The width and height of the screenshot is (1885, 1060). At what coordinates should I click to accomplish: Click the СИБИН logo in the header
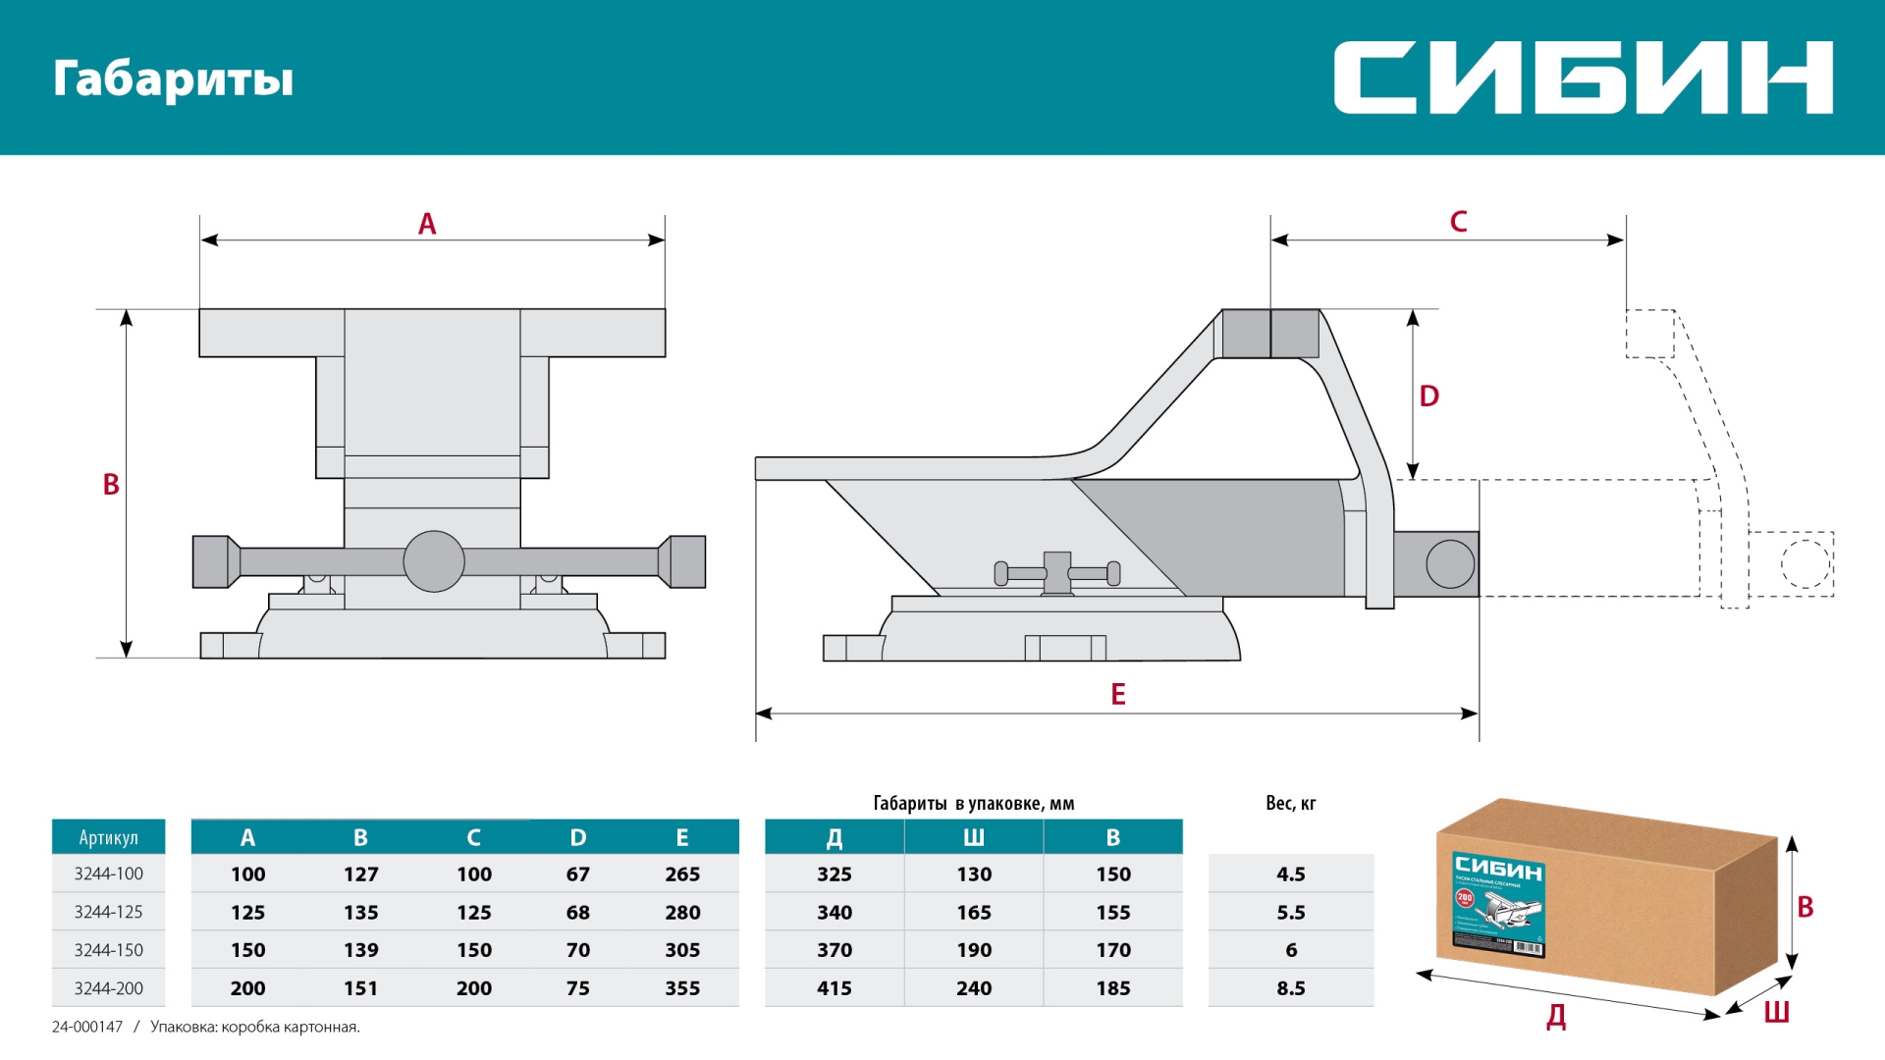(x=1582, y=78)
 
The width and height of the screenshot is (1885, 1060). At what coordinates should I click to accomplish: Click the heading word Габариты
(x=173, y=79)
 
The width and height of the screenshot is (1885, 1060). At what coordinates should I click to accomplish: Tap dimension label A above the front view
(x=427, y=224)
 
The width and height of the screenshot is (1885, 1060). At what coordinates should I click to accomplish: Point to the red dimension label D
(x=1428, y=397)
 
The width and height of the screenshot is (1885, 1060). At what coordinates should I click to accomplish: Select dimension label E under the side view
(x=1117, y=694)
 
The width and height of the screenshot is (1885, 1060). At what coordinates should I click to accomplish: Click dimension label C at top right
(x=1458, y=222)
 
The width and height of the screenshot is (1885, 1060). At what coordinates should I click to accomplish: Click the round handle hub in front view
(x=434, y=561)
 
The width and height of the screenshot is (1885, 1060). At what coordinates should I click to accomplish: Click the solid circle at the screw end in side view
(x=1449, y=564)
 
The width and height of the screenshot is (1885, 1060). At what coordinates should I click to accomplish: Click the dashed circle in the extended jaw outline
(x=1804, y=564)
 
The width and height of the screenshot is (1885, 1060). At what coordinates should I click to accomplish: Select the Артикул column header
(x=108, y=837)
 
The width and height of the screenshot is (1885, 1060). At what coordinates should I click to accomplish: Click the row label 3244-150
(x=108, y=950)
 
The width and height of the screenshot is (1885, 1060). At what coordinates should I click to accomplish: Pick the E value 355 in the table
(x=682, y=988)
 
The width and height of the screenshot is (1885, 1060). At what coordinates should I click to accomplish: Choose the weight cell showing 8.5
(x=1290, y=988)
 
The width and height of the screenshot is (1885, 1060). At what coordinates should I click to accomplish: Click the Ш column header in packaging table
(x=973, y=837)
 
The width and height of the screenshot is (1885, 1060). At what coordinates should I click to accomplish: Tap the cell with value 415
(x=835, y=988)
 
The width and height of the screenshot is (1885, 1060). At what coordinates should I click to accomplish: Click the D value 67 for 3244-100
(x=578, y=874)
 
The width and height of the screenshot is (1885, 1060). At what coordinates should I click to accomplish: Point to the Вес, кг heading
(x=1290, y=803)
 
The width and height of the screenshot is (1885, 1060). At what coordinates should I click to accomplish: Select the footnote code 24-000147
(x=87, y=1027)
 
